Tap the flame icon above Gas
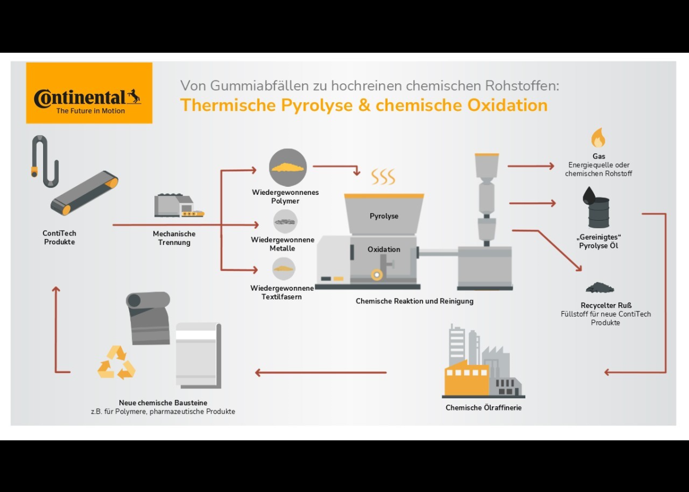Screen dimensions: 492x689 pyautogui.click(x=598, y=139)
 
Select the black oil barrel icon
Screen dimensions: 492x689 pyautogui.click(x=598, y=210)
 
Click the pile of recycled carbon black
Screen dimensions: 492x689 pyautogui.click(x=599, y=287)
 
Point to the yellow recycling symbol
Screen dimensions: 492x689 pyautogui.click(x=117, y=363)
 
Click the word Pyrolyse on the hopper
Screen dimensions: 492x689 pyautogui.click(x=384, y=216)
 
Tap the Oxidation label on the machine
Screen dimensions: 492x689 pyautogui.click(x=384, y=249)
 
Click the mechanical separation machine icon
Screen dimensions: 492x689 pyautogui.click(x=178, y=206)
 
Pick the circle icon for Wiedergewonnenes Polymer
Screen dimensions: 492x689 pyautogui.click(x=288, y=167)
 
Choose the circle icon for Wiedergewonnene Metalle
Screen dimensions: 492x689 pyautogui.click(x=285, y=221)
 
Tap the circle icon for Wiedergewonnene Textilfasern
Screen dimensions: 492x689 pyautogui.click(x=284, y=268)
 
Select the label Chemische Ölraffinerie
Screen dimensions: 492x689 pyautogui.click(x=483, y=408)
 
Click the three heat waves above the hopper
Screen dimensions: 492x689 pyautogui.click(x=383, y=176)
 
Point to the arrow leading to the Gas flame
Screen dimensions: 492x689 pyautogui.click(x=531, y=166)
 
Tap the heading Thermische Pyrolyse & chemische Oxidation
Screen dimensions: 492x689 pyautogui.click(x=363, y=106)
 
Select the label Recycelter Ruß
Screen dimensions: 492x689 pyautogui.click(x=606, y=305)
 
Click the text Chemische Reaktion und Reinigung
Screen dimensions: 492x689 pyautogui.click(x=415, y=301)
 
